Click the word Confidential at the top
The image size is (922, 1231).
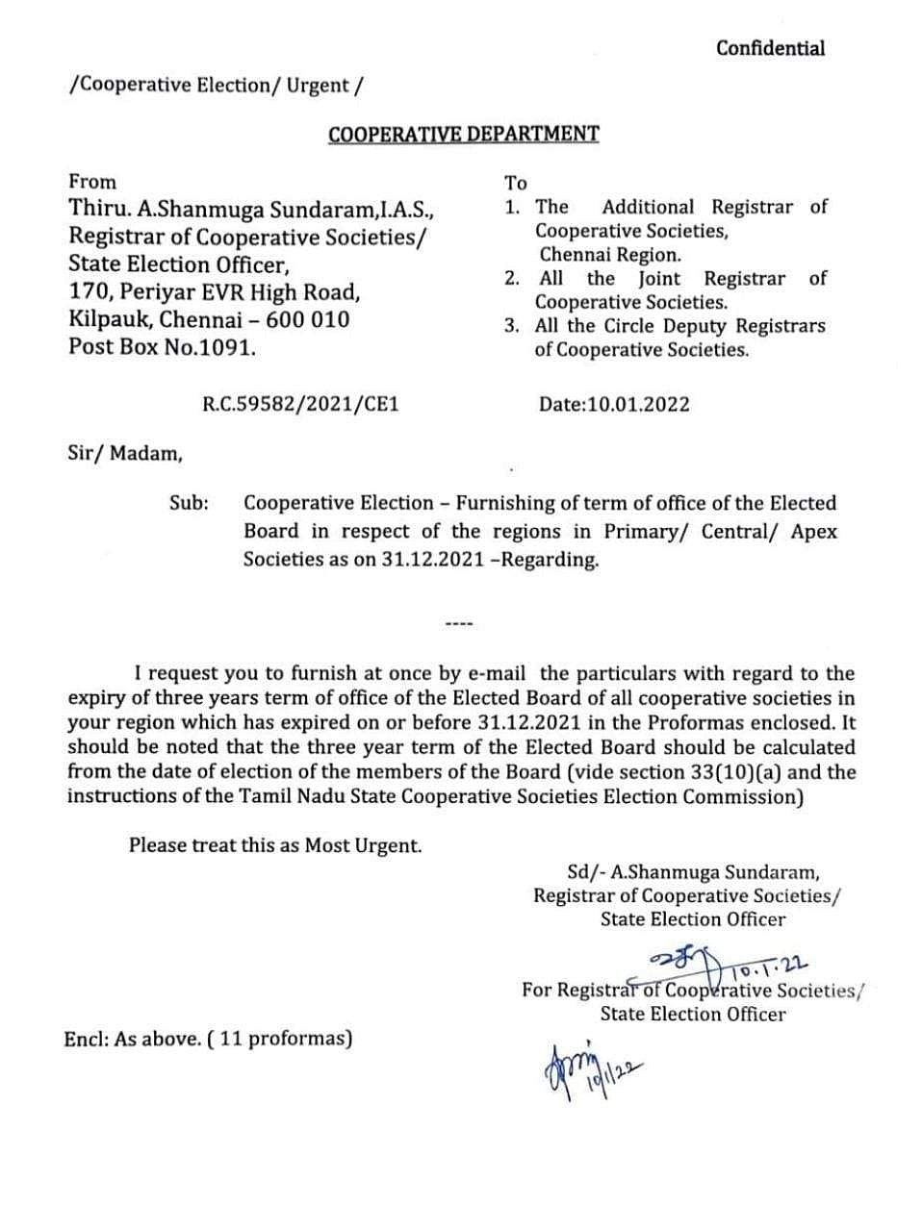coord(770,48)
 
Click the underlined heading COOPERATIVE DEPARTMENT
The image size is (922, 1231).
coord(463,134)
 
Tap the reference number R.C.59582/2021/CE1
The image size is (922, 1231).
coord(300,404)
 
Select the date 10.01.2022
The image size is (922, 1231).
coord(614,404)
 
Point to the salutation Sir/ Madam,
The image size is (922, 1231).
coord(125,453)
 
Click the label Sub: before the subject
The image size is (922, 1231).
coord(190,503)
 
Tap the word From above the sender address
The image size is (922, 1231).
coord(92,182)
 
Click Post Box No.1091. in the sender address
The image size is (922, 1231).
coord(163,346)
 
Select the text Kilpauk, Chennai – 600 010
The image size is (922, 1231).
coord(209,319)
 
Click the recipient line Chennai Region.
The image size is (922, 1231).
coord(609,255)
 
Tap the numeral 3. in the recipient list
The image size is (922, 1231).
coord(513,326)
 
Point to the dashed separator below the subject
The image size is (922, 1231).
coord(459,625)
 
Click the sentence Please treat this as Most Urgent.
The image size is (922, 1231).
coord(275,845)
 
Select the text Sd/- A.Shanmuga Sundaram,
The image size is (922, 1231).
coord(693,872)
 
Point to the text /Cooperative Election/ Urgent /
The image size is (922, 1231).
coord(217,85)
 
